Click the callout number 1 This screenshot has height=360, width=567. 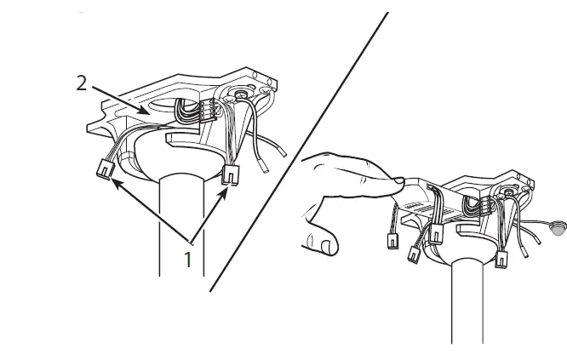click(x=189, y=258)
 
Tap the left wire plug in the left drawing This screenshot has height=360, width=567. click(x=106, y=170)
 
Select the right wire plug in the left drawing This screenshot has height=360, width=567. click(x=230, y=174)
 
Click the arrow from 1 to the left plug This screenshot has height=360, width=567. click(x=145, y=209)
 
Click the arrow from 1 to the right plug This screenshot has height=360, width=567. click(x=211, y=213)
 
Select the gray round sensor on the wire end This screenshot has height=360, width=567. click(x=558, y=227)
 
